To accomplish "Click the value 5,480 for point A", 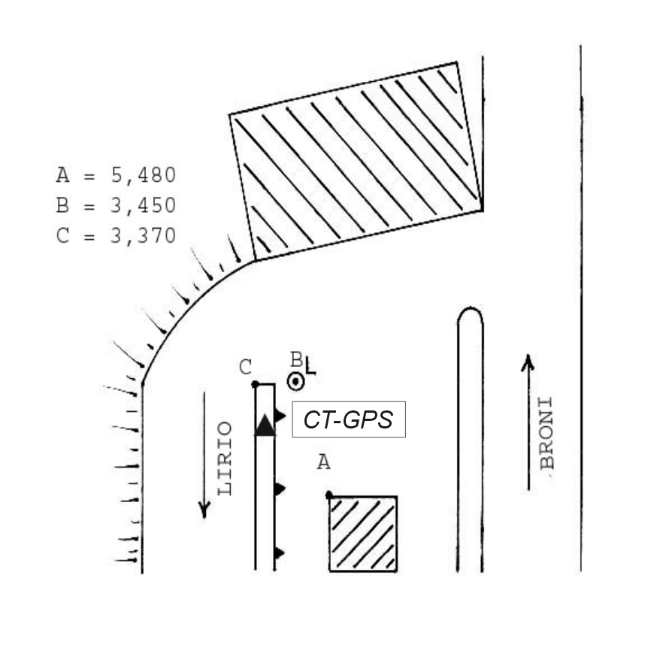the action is point(144,175).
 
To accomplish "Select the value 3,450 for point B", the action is point(144,205).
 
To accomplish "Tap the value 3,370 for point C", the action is point(144,236).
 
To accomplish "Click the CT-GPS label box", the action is point(349,419).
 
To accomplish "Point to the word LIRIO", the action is point(225,459).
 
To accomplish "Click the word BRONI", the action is point(547,434).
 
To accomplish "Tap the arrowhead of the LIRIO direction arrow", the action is point(204,510).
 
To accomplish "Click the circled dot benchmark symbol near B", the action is point(296,382).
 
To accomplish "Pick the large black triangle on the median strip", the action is point(265,425).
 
